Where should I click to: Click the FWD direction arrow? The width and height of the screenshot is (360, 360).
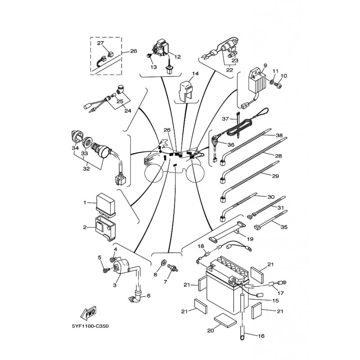point(88,314)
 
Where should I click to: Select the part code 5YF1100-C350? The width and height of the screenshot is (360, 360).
point(90,326)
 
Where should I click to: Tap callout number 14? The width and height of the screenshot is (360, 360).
point(195,74)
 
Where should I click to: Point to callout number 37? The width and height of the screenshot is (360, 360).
point(225,119)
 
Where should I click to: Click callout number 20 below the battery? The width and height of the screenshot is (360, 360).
point(211,330)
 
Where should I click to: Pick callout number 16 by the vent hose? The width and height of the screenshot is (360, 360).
point(261,336)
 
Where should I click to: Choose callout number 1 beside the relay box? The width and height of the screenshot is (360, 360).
point(85,202)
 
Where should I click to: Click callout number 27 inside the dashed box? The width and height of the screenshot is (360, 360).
point(100,43)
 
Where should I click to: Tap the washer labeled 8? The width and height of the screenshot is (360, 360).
point(163,262)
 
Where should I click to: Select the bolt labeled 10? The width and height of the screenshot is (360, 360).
point(278,85)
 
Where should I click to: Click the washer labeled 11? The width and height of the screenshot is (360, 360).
point(272,82)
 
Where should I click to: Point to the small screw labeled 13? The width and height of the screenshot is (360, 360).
point(148,55)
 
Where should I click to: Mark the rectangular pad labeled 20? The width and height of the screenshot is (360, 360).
point(225,320)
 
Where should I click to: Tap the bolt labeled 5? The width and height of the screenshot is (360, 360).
point(106,270)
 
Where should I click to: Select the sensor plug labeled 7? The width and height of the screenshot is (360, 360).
point(173,267)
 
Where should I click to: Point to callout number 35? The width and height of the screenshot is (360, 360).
point(284,227)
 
